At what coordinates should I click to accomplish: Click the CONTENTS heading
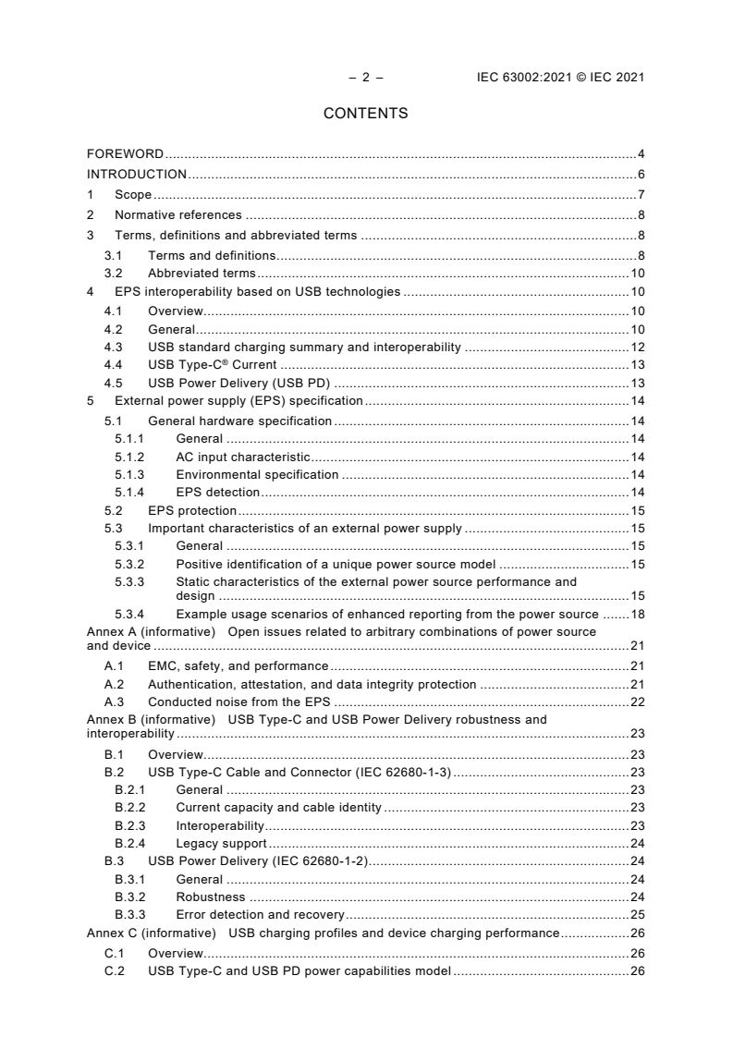pos(365,114)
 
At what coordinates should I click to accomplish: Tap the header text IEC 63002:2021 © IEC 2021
pos(554,78)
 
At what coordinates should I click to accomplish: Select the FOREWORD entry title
pos(125,153)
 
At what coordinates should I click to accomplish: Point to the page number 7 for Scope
pos(641,194)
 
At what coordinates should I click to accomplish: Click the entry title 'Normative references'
pos(178,214)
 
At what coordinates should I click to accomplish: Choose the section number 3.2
pos(113,273)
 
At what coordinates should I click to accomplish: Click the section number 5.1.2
pos(129,457)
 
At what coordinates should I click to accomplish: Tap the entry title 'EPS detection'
pos(217,492)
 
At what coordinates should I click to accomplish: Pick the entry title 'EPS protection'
pos(192,510)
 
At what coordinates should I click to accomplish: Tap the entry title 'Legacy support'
pos(221,843)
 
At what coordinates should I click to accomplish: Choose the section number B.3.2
pos(129,897)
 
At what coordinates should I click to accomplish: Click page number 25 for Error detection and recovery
pos(637,914)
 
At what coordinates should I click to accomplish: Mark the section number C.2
pos(114,970)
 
